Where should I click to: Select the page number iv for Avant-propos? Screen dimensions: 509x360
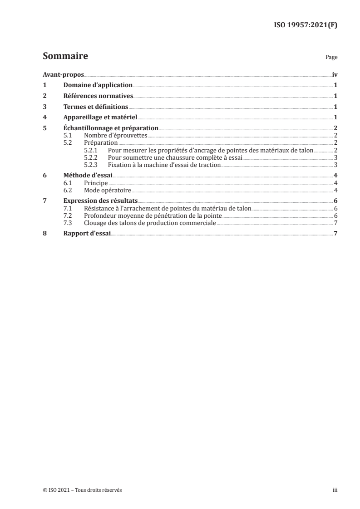pyautogui.click(x=334, y=74)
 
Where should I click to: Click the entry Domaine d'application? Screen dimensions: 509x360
pyautogui.click(x=98, y=85)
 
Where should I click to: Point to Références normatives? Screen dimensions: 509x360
pyautogui.click(x=98, y=96)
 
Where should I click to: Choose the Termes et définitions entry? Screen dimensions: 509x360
pyautogui.click(x=96, y=107)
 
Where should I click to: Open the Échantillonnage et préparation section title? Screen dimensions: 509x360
pyautogui.click(x=110, y=128)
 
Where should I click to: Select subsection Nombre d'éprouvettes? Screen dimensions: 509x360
pyautogui.click(x=115, y=136)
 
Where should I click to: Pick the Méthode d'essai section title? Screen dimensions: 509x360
pyautogui.click(x=88, y=176)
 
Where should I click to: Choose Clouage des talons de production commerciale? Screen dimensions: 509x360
pyautogui.click(x=150, y=223)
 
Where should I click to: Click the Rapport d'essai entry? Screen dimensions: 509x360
pyautogui.click(x=87, y=234)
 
